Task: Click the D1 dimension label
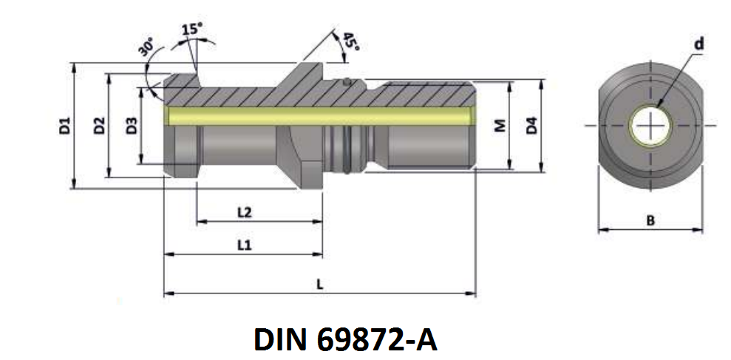[65, 126]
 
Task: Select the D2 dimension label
[99, 126]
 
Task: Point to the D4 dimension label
[531, 126]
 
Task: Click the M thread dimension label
[499, 126]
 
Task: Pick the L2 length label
[245, 213]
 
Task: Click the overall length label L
[319, 285]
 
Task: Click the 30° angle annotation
[146, 50]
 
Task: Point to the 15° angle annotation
[191, 30]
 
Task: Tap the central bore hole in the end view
[650, 126]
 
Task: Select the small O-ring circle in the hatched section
[347, 82]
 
